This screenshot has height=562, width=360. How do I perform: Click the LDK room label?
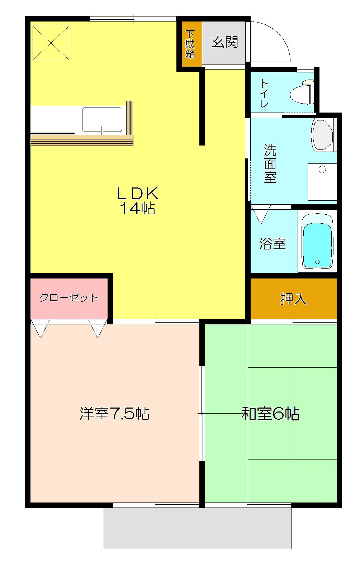click(137, 194)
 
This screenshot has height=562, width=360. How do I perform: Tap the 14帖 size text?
click(137, 208)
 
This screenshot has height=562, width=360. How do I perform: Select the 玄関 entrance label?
click(225, 42)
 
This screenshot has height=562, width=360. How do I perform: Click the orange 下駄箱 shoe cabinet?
click(190, 44)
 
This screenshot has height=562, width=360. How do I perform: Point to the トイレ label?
click(264, 94)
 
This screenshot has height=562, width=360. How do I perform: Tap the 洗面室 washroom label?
click(270, 163)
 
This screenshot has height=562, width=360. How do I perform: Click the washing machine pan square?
click(322, 182)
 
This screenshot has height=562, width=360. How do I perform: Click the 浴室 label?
click(272, 244)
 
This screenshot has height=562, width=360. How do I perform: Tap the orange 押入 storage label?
click(293, 299)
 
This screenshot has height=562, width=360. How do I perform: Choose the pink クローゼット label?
click(68, 297)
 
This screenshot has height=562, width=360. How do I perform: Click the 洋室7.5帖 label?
click(114, 413)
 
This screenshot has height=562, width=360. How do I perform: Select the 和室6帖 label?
click(270, 414)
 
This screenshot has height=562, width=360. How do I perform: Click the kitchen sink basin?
click(102, 120)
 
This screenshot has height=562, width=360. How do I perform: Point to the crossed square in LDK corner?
click(51, 43)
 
